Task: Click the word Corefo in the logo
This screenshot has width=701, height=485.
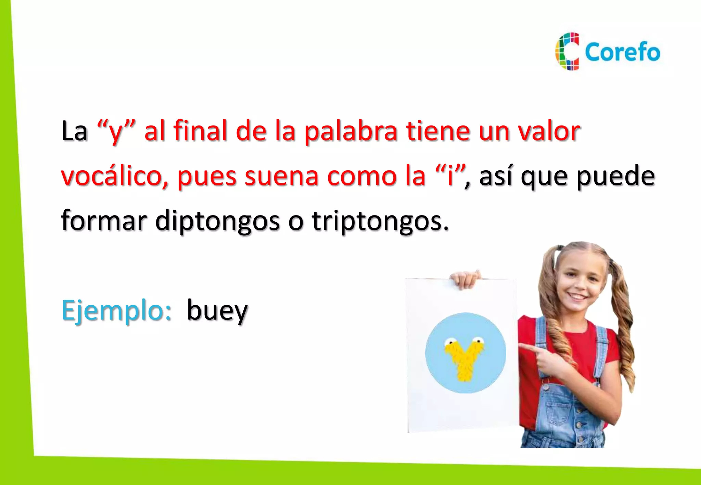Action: pyautogui.click(x=622, y=52)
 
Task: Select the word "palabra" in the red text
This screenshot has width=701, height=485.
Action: pyautogui.click(x=350, y=131)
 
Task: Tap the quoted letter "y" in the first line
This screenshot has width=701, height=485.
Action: pyautogui.click(x=116, y=132)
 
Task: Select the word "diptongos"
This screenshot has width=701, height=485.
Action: pyautogui.click(x=217, y=221)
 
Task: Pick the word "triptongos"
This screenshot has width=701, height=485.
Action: pyautogui.click(x=380, y=221)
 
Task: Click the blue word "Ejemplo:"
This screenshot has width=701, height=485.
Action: pyautogui.click(x=116, y=311)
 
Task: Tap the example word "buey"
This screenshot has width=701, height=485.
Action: pyautogui.click(x=217, y=311)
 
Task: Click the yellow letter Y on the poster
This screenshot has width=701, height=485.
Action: pyautogui.click(x=465, y=357)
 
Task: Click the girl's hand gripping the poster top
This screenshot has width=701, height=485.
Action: pyautogui.click(x=465, y=279)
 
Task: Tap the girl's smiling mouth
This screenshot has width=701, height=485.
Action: pyautogui.click(x=578, y=296)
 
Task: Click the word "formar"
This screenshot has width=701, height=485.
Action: pyautogui.click(x=104, y=221)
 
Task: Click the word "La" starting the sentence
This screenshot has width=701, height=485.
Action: pyautogui.click(x=74, y=131)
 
